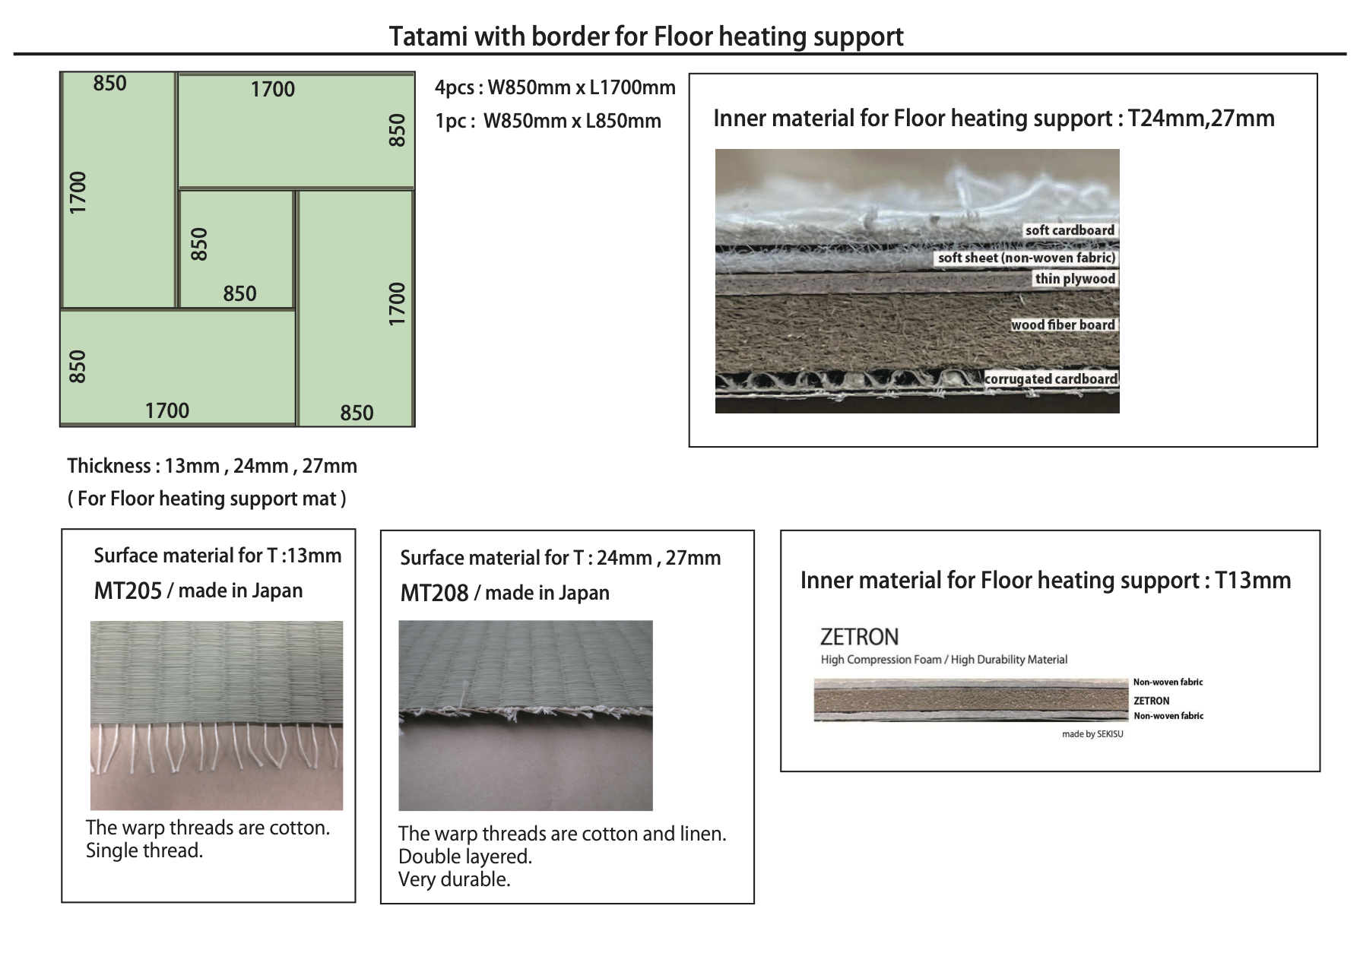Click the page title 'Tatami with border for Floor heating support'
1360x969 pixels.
click(x=646, y=36)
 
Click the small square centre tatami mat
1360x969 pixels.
click(x=236, y=249)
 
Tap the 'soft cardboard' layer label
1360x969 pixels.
click(x=1070, y=230)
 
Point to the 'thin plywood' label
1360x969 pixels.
click(x=1075, y=279)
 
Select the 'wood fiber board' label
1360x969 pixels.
click(x=1063, y=325)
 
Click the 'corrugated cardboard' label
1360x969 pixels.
click(x=1051, y=378)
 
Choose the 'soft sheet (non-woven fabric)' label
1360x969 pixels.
click(x=1026, y=258)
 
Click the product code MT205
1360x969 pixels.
click(x=128, y=591)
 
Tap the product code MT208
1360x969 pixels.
click(x=434, y=594)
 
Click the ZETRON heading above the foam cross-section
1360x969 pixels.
click(x=859, y=636)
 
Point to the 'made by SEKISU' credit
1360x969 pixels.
click(x=1092, y=734)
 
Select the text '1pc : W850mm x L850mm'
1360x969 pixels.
click(x=548, y=121)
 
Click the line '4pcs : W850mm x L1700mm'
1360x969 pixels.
click(x=555, y=87)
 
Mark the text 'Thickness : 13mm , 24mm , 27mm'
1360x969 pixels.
click(x=212, y=466)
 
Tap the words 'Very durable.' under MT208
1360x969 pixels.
click(x=455, y=879)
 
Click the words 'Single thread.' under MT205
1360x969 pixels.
click(x=144, y=850)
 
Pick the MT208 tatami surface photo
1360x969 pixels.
click(x=525, y=715)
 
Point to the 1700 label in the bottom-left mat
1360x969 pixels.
click(x=167, y=410)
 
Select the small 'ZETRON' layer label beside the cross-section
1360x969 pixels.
click(x=1151, y=701)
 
